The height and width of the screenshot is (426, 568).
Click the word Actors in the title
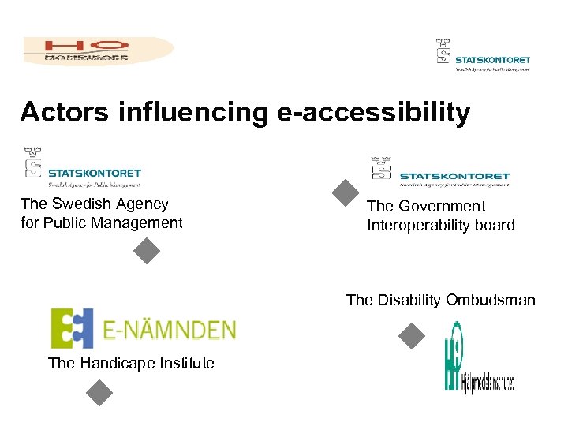click(x=65, y=112)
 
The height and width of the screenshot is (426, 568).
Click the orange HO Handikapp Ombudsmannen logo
click(x=98, y=50)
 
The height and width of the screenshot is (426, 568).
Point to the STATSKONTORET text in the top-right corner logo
click(x=493, y=59)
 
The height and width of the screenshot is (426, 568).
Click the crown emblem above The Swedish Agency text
click(x=33, y=161)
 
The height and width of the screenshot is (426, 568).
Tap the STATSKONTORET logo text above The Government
click(x=454, y=176)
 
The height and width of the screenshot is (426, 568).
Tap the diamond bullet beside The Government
click(x=346, y=193)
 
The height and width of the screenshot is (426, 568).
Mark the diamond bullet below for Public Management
click(x=147, y=251)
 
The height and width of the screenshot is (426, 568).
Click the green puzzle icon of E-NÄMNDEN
click(x=72, y=328)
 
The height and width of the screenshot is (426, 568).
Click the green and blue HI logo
click(x=453, y=357)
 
